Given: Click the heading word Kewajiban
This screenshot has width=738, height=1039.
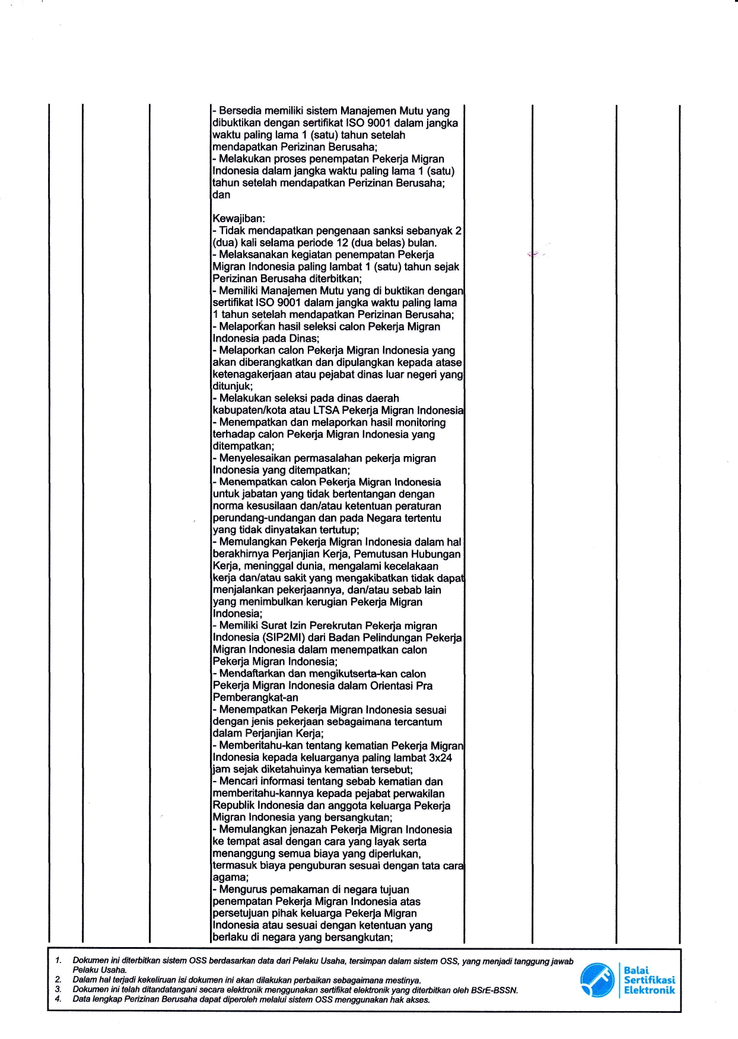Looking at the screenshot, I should coord(238,219).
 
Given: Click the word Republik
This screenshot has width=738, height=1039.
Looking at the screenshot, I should coord(234,805).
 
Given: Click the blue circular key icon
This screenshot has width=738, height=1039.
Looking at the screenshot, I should coord(597,980).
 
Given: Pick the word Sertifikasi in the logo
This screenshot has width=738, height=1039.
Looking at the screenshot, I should coord(649,980).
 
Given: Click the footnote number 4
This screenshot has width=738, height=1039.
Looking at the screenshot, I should coord(58,999).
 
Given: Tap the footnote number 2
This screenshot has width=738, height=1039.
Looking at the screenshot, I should coord(58,980).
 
